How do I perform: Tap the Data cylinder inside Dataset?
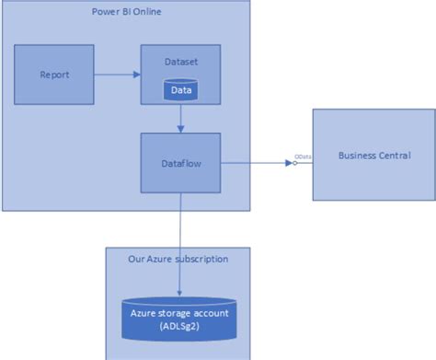[181, 90]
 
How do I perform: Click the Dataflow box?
[181, 163]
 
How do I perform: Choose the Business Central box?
[373, 155]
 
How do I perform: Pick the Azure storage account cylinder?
[181, 317]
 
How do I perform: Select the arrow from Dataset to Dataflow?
[181, 117]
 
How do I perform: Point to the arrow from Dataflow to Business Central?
[253, 163]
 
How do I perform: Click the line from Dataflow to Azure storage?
[181, 221]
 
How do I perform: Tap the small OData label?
[303, 157]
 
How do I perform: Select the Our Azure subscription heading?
[178, 260]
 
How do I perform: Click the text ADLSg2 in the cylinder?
[181, 327]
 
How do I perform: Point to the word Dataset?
[181, 61]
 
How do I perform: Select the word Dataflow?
[181, 163]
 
